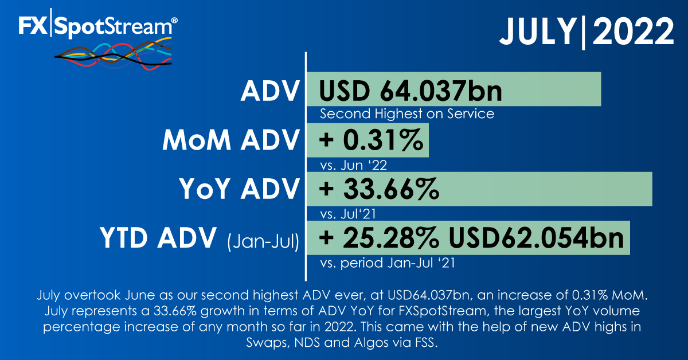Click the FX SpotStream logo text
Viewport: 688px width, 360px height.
[x=97, y=26]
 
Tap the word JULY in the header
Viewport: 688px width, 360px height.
[x=538, y=32]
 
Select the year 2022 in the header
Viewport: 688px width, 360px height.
[x=634, y=32]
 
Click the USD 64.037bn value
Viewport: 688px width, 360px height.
[x=411, y=91]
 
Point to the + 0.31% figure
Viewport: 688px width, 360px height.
[x=371, y=140]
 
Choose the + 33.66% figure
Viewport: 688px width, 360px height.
[x=379, y=189]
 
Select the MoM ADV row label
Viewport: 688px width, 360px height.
[x=230, y=140]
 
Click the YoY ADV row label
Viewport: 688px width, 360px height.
[x=239, y=189]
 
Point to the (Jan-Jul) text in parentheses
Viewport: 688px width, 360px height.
[x=263, y=242]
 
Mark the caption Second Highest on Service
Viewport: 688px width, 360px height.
[x=407, y=114]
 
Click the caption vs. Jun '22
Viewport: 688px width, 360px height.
[x=353, y=165]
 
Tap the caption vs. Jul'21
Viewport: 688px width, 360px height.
[x=348, y=214]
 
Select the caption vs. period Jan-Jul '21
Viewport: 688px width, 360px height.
[x=388, y=263]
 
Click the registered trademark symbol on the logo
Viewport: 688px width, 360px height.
[x=174, y=20]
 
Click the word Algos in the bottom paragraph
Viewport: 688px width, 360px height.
[x=371, y=342]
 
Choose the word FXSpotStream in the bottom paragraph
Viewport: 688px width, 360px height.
[x=443, y=311]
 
